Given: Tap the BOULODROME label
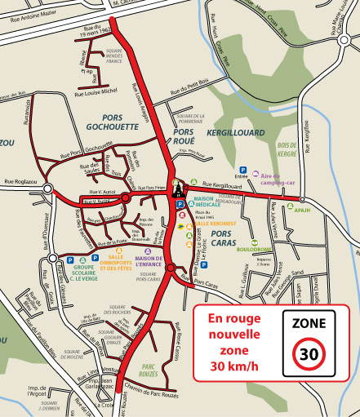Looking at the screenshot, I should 256,252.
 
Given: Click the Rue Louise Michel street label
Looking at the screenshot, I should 97,91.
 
